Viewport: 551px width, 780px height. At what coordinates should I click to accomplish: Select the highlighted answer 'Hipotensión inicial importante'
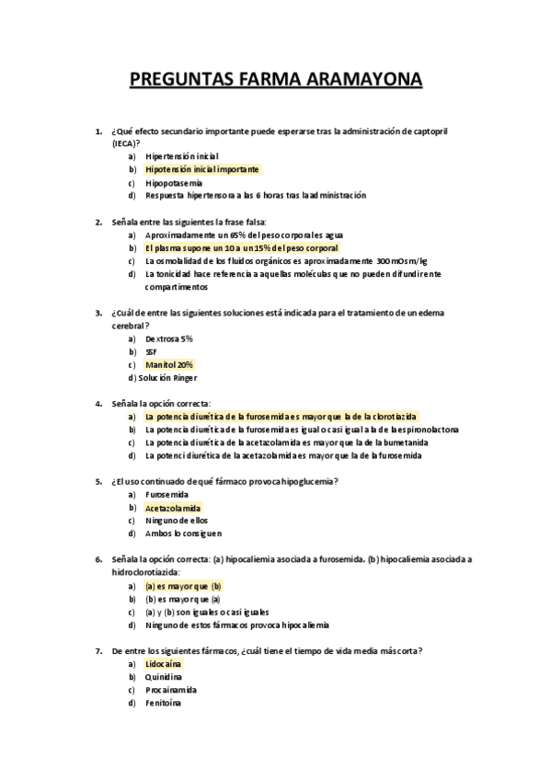click(x=201, y=169)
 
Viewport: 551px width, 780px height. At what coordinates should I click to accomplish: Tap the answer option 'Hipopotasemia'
click(x=174, y=182)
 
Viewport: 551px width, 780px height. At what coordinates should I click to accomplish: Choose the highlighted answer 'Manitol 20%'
click(x=169, y=364)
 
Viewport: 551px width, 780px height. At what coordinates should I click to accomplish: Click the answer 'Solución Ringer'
click(x=166, y=377)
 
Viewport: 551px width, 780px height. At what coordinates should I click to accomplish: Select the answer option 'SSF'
click(x=151, y=351)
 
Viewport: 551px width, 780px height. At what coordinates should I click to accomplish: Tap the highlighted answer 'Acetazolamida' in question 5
click(x=172, y=508)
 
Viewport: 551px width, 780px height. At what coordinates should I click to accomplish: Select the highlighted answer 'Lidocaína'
click(x=163, y=663)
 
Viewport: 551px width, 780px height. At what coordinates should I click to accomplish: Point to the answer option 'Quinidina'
click(x=164, y=677)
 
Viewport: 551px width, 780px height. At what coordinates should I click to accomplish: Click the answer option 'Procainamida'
click(x=171, y=690)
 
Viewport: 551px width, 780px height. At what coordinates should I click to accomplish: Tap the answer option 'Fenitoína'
click(x=163, y=703)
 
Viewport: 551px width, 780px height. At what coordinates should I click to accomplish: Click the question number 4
click(x=98, y=403)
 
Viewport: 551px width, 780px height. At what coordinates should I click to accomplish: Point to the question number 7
click(x=98, y=650)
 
